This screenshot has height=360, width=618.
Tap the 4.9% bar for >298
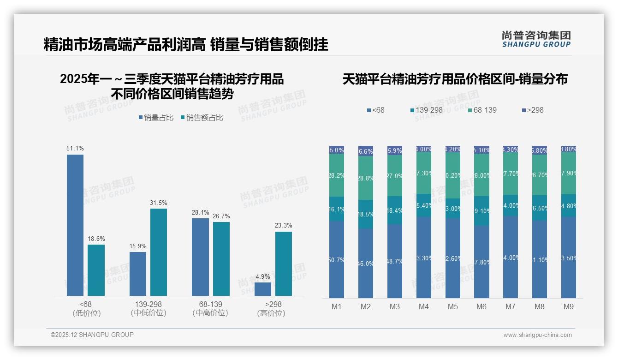coord(263,289)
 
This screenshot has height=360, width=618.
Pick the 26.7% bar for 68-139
coord(221,259)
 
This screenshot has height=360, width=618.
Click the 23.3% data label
coord(283,226)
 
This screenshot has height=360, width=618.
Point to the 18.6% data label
coord(96,239)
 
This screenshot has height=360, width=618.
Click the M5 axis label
coord(452,307)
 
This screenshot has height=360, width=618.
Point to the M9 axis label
coord(569,307)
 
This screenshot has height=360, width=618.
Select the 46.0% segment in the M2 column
coord(366,263)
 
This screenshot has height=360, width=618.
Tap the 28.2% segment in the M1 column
coord(337,175)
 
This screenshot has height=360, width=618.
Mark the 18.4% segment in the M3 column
coord(395,210)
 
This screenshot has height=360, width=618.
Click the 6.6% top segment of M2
coord(366,151)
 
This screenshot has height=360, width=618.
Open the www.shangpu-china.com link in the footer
coord(537,335)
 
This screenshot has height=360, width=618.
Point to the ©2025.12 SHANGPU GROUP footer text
coord(92,335)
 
